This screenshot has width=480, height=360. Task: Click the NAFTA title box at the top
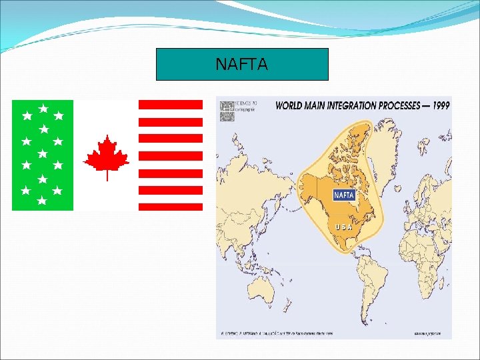click(242, 64)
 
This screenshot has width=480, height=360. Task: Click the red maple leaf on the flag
click(106, 154)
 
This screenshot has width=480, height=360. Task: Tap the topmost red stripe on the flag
click(170, 105)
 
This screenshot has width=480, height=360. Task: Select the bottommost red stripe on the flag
click(170, 207)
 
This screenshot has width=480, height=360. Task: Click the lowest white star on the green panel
click(41, 200)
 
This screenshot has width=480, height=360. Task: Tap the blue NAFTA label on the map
click(343, 195)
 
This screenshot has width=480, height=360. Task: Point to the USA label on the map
click(343, 227)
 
